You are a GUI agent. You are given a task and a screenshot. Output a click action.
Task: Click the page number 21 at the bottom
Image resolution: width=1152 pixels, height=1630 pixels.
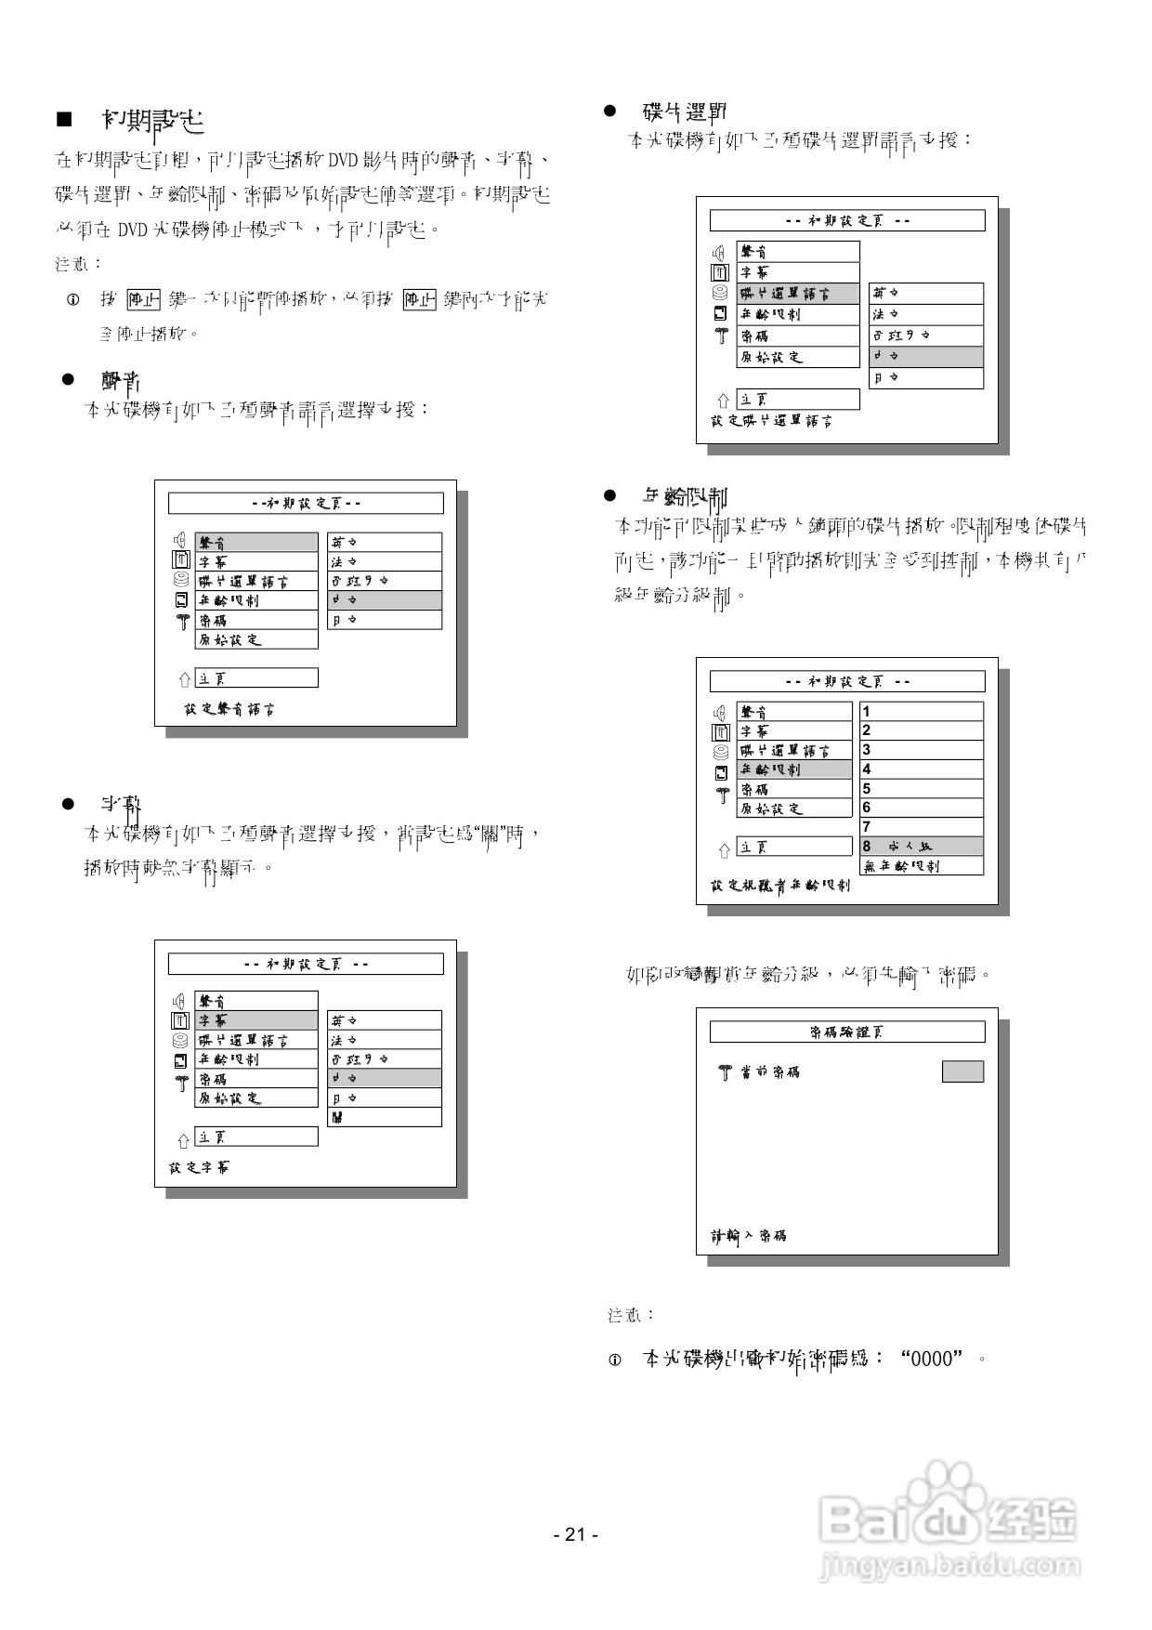[x=575, y=1534]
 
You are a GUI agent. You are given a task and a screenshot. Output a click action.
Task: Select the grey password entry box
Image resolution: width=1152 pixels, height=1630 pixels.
[x=962, y=1071]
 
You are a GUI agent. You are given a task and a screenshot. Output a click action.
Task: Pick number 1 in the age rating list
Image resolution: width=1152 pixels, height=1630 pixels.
[x=867, y=712]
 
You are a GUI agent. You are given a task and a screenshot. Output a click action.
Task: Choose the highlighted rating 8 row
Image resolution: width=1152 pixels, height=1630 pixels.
[x=921, y=847]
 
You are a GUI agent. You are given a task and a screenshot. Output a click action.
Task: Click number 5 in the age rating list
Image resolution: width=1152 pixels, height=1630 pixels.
[x=867, y=789]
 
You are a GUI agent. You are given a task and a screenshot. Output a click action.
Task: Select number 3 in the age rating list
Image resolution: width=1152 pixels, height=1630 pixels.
[x=867, y=750]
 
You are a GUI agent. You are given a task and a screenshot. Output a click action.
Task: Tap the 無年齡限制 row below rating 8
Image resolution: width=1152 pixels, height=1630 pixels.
[x=921, y=866]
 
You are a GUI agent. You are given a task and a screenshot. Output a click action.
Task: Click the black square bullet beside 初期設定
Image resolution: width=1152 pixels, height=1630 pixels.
[x=64, y=119]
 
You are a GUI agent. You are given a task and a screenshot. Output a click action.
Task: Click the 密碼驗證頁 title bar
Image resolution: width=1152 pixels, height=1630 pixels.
[x=846, y=1032]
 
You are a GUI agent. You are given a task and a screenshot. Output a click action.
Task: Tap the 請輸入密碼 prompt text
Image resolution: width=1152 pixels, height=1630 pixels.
[x=749, y=1236]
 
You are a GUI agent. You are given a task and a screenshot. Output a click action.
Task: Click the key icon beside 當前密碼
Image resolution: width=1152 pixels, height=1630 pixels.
[x=725, y=1072]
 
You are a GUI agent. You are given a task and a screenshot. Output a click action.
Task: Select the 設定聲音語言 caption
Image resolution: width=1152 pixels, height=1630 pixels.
[x=229, y=709]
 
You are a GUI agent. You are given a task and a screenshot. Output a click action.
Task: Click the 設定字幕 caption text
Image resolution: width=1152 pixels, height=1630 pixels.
[x=199, y=1167]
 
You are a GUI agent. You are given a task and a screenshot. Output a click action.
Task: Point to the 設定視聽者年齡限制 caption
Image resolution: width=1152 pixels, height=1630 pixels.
[x=780, y=886]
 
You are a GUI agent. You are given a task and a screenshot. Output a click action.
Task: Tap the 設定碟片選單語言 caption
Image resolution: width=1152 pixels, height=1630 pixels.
[x=772, y=421]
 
